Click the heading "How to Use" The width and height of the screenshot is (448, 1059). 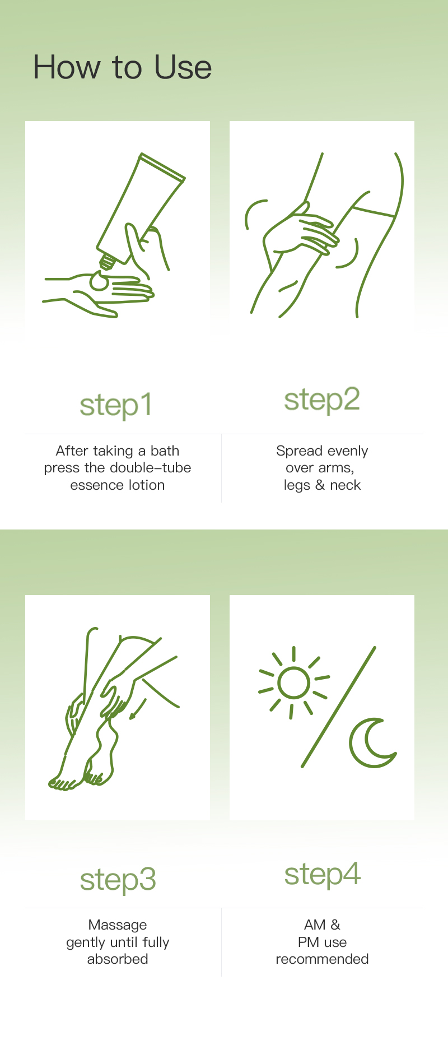click(x=122, y=67)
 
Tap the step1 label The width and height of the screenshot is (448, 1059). click(x=116, y=406)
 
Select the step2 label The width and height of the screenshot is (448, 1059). click(x=322, y=400)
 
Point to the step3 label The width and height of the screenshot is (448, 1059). click(x=118, y=880)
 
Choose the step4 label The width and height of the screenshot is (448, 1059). click(x=323, y=874)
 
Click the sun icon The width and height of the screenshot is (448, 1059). click(x=293, y=682)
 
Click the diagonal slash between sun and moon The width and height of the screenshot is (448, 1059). click(x=338, y=707)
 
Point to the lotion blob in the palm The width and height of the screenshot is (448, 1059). click(x=100, y=281)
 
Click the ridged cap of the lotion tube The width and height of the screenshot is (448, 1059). click(x=106, y=262)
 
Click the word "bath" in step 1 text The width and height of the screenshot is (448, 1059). click(x=165, y=451)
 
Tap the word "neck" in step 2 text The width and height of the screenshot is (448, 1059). click(x=346, y=485)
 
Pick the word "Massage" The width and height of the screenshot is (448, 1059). click(x=118, y=926)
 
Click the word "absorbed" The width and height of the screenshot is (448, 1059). click(x=118, y=959)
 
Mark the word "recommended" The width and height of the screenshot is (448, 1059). click(x=322, y=959)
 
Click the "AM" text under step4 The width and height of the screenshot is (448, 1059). click(x=315, y=925)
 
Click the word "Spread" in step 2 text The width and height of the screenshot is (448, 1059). click(x=299, y=452)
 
